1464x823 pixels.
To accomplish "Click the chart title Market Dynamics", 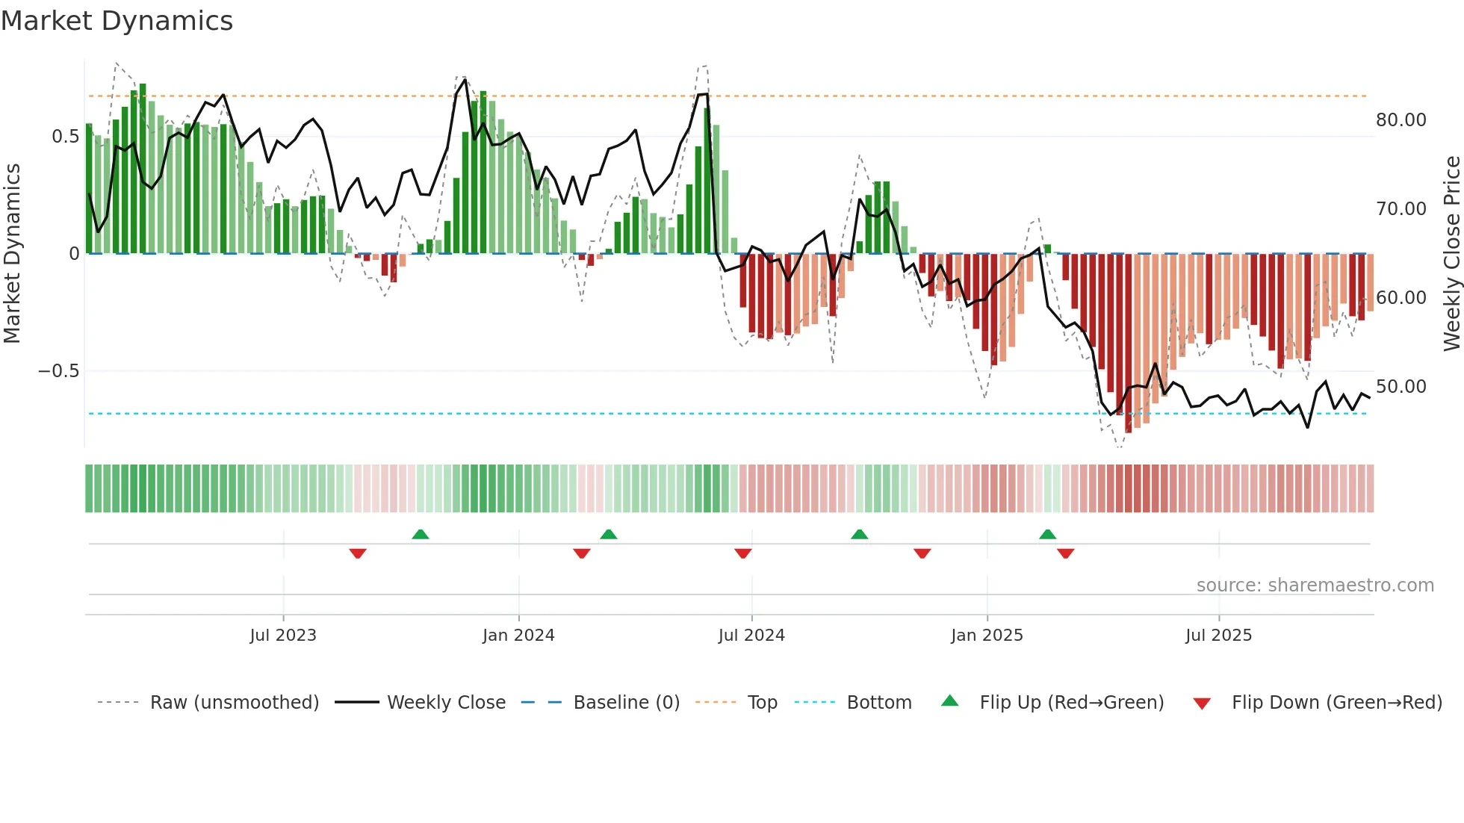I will (x=117, y=21).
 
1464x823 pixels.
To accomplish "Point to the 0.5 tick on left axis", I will (x=65, y=137).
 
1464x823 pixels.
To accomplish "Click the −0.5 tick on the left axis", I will (x=58, y=371).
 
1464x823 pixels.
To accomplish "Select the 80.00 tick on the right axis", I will (x=1401, y=120).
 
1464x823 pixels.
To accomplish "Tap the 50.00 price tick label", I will (x=1401, y=387).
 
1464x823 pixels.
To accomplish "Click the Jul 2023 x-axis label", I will (x=283, y=636).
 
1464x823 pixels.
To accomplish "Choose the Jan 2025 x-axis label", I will (x=987, y=636).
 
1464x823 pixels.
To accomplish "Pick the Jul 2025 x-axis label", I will (x=1218, y=636).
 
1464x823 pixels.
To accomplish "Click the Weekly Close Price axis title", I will (x=1451, y=253).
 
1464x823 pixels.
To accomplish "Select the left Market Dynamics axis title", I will (x=12, y=253).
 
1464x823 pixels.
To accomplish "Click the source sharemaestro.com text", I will (x=1315, y=586).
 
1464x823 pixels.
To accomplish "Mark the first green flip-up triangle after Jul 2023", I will (x=421, y=535).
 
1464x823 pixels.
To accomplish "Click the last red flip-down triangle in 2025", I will (x=1066, y=553).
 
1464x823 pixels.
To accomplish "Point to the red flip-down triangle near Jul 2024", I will (x=742, y=553).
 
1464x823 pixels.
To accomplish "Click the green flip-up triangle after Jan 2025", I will (x=1047, y=535).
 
